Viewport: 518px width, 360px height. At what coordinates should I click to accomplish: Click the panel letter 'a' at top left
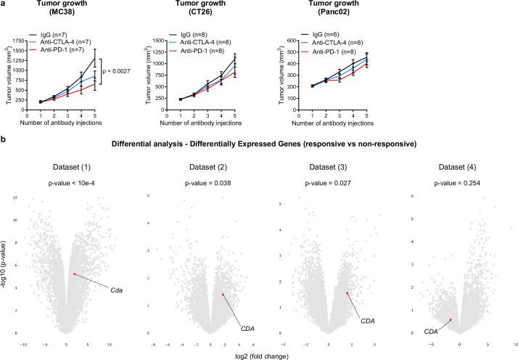[4, 4]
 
